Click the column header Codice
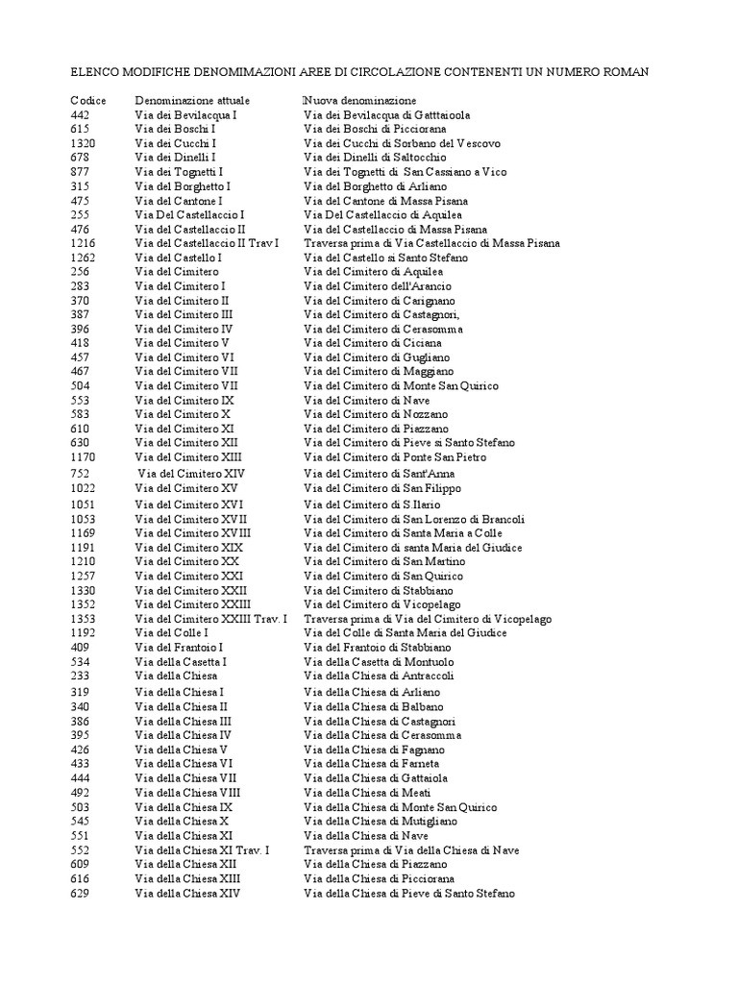click(x=87, y=100)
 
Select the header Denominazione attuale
click(x=192, y=100)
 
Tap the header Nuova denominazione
click(x=358, y=100)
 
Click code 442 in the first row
click(x=80, y=114)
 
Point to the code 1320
click(x=83, y=143)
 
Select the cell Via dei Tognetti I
click(x=179, y=172)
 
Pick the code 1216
click(x=83, y=243)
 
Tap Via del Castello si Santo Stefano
click(x=385, y=258)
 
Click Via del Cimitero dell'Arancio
click(x=378, y=286)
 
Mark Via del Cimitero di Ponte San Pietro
click(x=395, y=457)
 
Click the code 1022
click(x=83, y=488)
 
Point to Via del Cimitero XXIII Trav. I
click(x=211, y=619)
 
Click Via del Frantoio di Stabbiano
click(x=379, y=648)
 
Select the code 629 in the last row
click(x=80, y=893)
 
